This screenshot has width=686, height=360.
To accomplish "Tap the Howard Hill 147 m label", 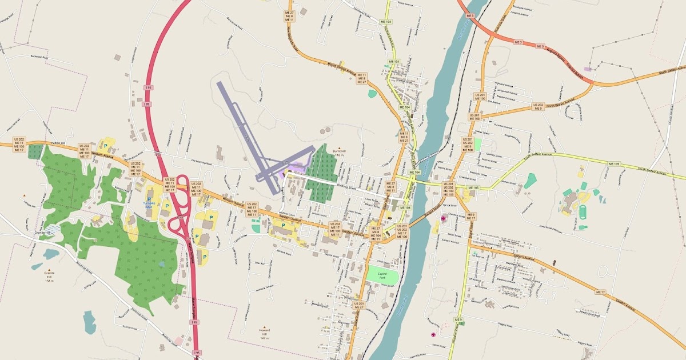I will coord(264,334).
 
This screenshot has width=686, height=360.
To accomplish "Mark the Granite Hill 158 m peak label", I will coord(49,277).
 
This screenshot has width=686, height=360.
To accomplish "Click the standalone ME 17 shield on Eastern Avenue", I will coord(600,292).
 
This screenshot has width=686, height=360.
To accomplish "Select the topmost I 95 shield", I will coord(149,87).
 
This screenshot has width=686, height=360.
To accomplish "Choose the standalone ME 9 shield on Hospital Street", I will coord(458,319).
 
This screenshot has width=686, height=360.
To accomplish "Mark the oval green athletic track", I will coord(583,213).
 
